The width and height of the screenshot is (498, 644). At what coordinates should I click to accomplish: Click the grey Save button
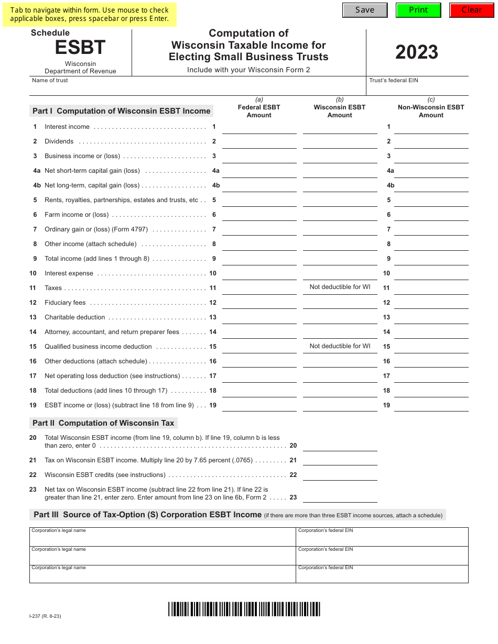(365, 10)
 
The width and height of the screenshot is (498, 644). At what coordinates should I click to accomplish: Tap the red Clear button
(471, 10)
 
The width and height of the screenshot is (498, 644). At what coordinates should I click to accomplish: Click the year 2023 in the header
(417, 52)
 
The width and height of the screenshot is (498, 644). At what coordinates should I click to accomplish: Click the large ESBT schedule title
(80, 48)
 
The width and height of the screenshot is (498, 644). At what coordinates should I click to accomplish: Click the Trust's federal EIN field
(417, 88)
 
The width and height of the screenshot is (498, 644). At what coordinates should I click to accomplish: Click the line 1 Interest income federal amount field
(259, 128)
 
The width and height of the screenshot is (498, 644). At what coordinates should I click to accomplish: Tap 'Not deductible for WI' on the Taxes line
(340, 287)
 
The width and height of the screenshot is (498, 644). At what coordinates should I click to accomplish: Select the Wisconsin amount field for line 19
(340, 406)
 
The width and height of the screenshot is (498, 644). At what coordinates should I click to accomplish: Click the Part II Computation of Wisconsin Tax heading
(104, 423)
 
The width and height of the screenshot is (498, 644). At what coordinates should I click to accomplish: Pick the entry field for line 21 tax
(340, 460)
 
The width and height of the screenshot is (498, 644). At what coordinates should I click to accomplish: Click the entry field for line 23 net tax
(340, 497)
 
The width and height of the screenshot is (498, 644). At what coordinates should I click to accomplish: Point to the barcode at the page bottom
(244, 609)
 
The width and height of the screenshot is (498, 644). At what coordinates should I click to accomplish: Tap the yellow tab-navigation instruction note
(89, 14)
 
